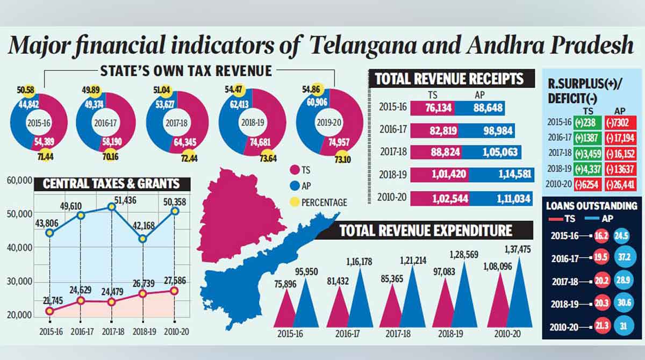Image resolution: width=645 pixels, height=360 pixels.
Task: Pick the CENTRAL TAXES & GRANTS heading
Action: click(111, 184)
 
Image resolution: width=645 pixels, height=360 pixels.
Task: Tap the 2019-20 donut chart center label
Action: click(329, 123)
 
